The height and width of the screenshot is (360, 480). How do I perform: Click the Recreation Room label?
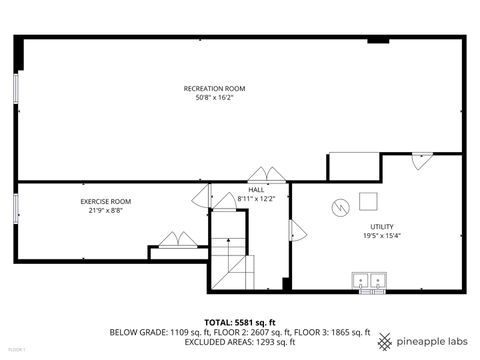(x=214, y=89)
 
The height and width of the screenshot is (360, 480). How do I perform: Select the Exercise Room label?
(x=106, y=202)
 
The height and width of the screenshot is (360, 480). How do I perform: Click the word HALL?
(x=257, y=189)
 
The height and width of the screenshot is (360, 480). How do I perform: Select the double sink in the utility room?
(x=369, y=281)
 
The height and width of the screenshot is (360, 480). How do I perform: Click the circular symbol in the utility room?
(x=340, y=207)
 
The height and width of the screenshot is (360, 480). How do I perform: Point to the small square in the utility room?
(x=367, y=200)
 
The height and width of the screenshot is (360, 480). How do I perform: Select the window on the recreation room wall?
(x=16, y=88)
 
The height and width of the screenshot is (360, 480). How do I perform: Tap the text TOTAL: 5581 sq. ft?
(x=239, y=322)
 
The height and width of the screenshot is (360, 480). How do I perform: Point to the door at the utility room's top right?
(x=422, y=160)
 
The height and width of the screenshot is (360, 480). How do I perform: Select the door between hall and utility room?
(x=296, y=231)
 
